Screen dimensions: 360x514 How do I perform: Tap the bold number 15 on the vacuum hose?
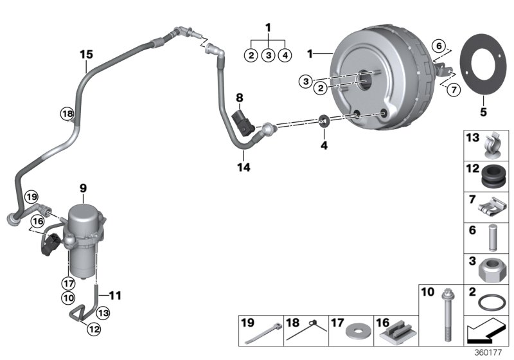click(x=87, y=55)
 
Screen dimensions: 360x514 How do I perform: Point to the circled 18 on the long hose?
click(x=67, y=114)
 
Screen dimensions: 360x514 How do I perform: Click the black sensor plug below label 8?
click(x=244, y=121)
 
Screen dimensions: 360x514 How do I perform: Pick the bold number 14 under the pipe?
click(x=244, y=167)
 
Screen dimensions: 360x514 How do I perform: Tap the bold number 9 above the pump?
click(x=83, y=188)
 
